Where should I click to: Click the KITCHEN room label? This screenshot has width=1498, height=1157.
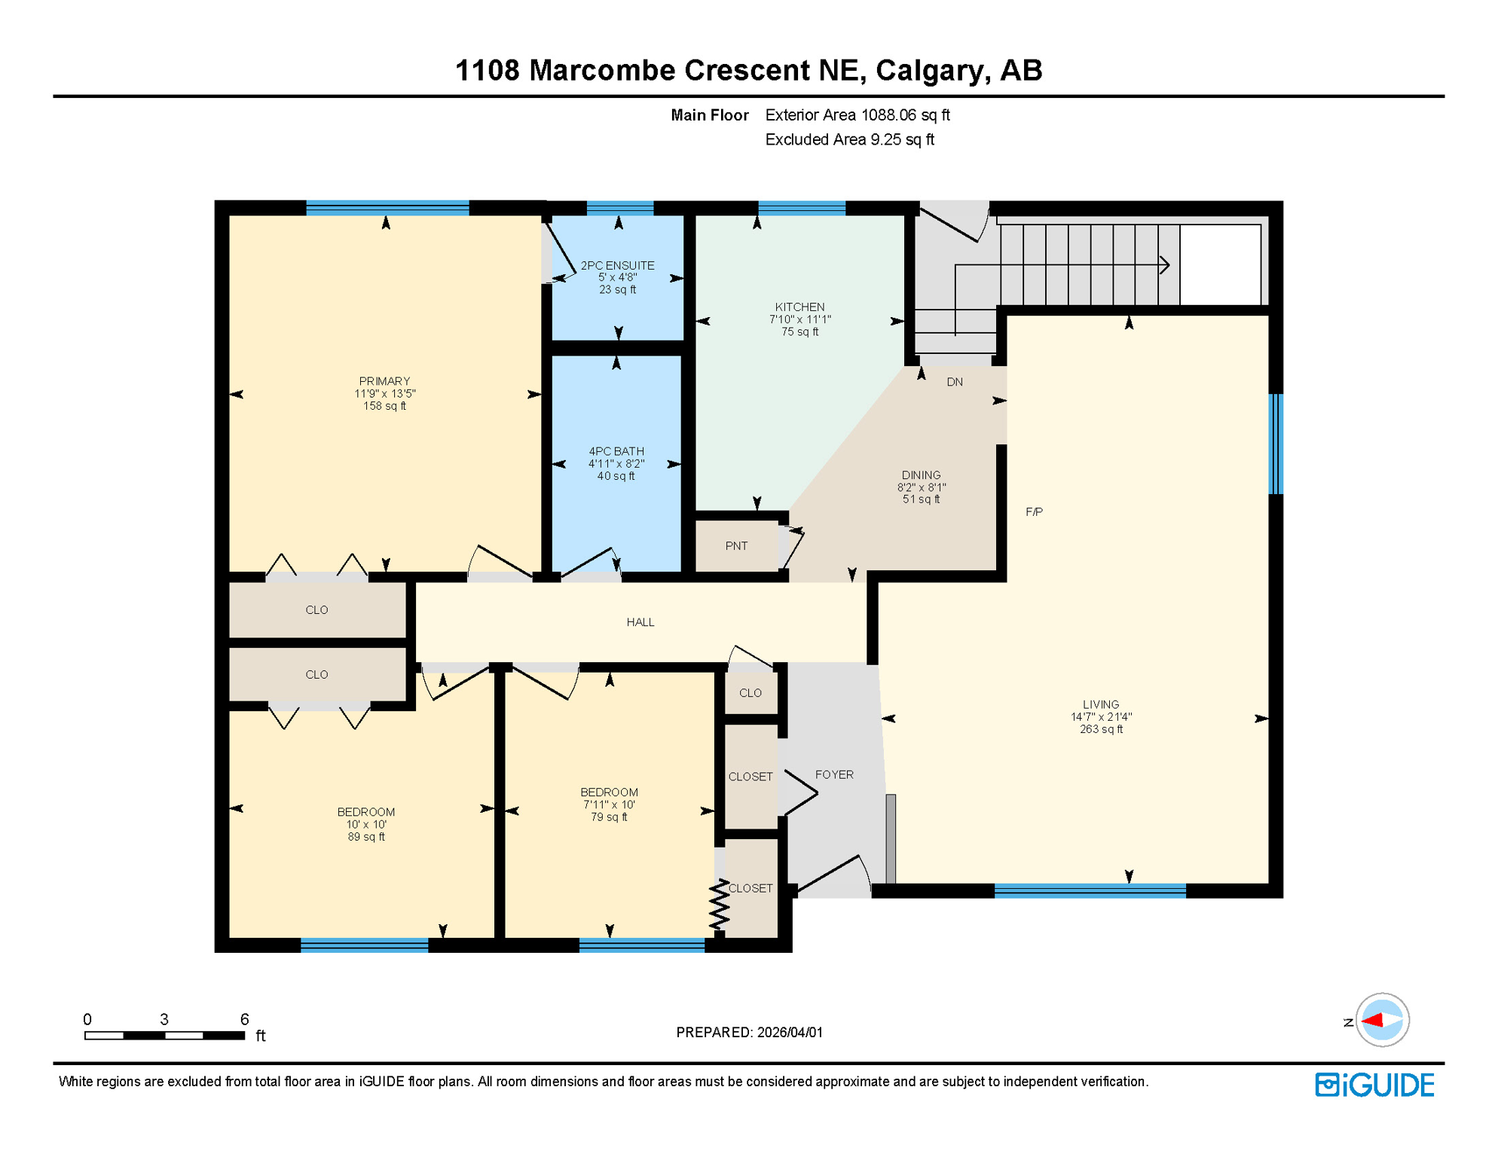coord(799,307)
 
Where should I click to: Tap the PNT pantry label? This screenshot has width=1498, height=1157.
coord(736,546)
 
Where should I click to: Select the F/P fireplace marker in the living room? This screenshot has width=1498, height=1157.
coord(1034,512)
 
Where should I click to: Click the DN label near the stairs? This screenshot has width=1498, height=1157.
coord(955,382)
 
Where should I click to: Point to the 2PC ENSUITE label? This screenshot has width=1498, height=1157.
coord(617,265)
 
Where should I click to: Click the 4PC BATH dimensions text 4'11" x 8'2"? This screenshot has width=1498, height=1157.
coord(616,464)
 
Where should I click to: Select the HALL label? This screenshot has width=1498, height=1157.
coord(640,622)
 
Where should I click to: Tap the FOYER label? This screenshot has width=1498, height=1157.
coord(834,774)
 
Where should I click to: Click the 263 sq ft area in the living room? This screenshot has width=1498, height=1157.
coord(1101,729)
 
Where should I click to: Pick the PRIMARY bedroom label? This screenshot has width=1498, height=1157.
coord(384,381)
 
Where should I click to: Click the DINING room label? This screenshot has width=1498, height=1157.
coord(921,475)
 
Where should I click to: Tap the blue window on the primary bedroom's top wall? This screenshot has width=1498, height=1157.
coord(387,208)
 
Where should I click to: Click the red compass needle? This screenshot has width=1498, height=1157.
coord(1372,1021)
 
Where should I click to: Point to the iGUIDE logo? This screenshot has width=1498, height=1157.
coord(1374,1085)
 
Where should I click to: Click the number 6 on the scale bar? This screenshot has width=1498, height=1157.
coord(244,1019)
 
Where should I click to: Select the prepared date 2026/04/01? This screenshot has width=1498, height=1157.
coord(790,1032)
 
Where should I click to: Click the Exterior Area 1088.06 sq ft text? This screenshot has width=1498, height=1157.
coord(857,115)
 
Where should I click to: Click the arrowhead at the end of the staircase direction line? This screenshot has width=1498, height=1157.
coord(1164,265)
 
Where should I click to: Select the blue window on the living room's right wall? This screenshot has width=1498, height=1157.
coord(1275,444)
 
